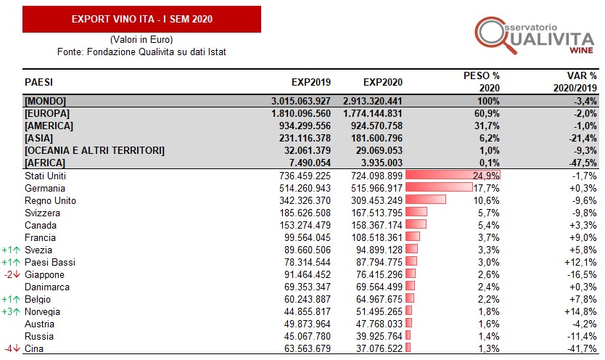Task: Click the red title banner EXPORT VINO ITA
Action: tap(142, 19)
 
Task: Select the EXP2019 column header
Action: tap(311, 81)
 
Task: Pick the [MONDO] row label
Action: tap(46, 100)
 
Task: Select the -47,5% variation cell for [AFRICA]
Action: tap(580, 162)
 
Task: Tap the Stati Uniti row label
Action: tap(45, 175)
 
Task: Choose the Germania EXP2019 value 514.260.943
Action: tap(309, 187)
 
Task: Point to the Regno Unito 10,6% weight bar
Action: tap(426, 200)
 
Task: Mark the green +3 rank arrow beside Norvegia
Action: tap(11, 311)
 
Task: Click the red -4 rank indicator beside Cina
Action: tap(11, 348)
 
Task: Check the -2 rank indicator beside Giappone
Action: tap(11, 274)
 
